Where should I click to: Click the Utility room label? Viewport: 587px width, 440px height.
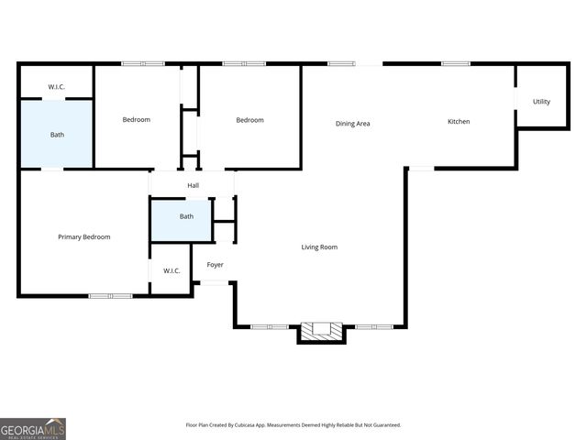(541, 102)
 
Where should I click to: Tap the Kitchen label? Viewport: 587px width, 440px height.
(459, 122)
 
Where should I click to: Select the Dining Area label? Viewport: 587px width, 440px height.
(352, 123)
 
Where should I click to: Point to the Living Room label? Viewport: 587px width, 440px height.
(320, 247)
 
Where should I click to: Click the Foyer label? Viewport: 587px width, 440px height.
(215, 265)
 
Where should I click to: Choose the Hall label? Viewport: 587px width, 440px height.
(193, 186)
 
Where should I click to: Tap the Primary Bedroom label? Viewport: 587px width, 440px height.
(84, 236)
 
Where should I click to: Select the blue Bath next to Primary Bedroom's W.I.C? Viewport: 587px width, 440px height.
(186, 217)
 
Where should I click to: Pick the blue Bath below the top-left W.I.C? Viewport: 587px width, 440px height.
(57, 135)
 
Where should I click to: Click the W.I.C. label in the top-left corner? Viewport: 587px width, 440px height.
(57, 88)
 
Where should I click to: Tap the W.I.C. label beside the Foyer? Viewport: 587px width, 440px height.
(172, 270)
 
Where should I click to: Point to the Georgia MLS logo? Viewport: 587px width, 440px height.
(33, 428)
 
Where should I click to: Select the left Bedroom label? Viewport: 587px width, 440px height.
(137, 120)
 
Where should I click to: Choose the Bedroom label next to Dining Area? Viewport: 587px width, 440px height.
(249, 120)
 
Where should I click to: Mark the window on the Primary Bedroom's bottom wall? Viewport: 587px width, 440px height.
(111, 295)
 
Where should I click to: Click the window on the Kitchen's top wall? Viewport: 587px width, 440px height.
(456, 63)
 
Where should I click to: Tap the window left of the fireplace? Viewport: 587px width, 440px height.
(270, 326)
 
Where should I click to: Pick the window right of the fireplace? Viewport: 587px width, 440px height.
(374, 326)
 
